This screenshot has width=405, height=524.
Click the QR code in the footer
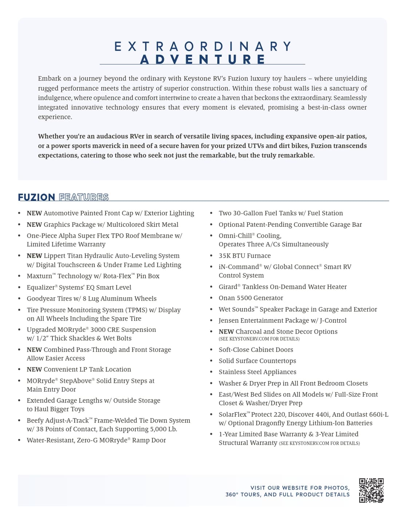click(371, 490)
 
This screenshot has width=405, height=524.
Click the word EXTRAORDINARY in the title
click(203, 47)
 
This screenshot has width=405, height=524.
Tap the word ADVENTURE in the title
click(203, 59)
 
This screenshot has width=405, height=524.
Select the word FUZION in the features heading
click(36, 197)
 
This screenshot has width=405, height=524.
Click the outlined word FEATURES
click(84, 197)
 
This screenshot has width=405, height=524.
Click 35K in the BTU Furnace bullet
click(225, 256)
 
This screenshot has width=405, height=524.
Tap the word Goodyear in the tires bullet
click(41, 299)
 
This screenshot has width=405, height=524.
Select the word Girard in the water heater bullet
click(228, 287)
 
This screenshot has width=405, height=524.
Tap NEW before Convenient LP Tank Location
click(34, 369)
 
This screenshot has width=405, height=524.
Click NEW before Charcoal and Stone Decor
click(226, 332)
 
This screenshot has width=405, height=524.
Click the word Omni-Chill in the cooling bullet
click(235, 236)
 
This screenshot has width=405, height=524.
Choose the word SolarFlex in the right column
click(233, 414)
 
